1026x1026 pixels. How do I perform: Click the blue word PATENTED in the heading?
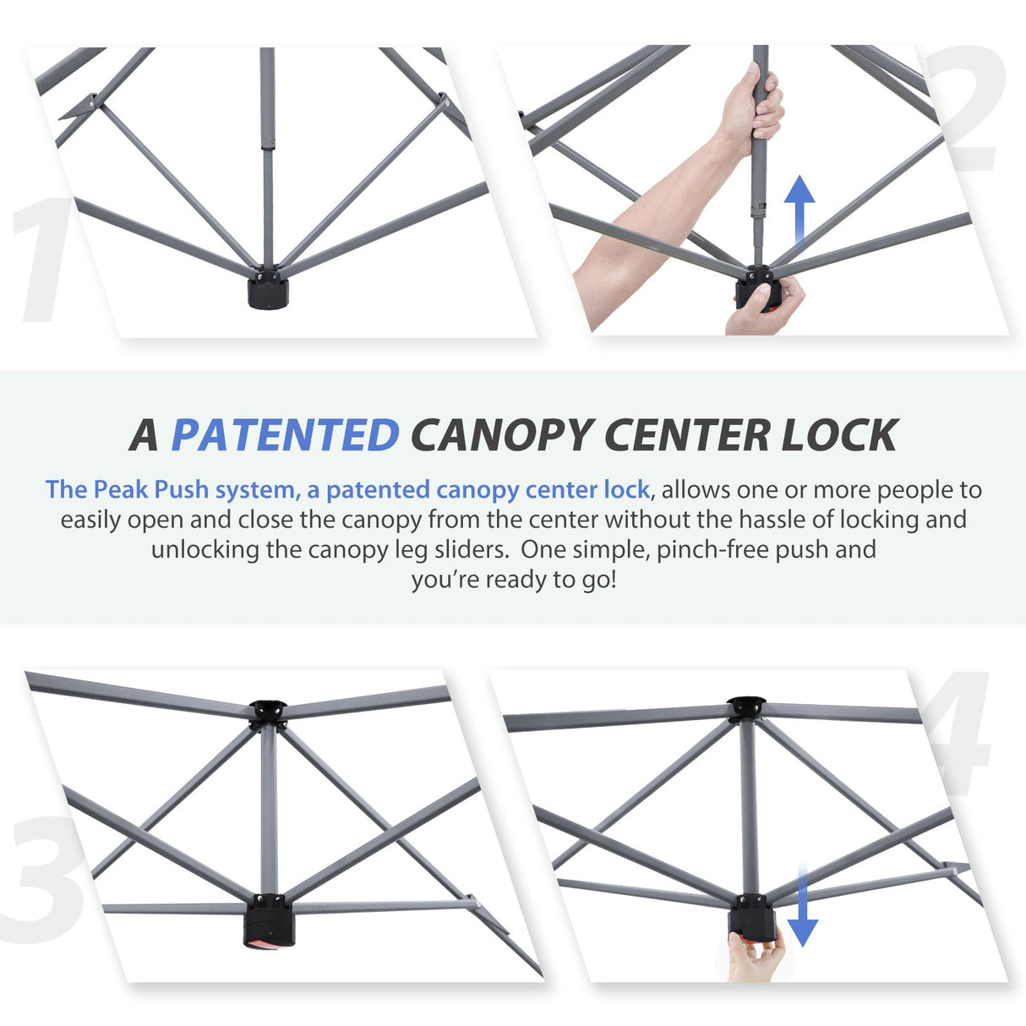click(x=285, y=434)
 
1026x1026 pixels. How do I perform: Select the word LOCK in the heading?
click(x=838, y=434)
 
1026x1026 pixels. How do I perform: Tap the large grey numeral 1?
click(x=46, y=262)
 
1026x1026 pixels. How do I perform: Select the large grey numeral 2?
click(x=972, y=110)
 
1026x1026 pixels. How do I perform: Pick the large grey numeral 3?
click(x=42, y=879)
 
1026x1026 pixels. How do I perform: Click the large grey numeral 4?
click(x=959, y=735)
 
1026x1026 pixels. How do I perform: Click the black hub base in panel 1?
click(x=268, y=292)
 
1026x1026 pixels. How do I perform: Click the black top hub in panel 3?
click(x=268, y=712)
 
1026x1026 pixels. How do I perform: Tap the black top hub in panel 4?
click(x=746, y=707)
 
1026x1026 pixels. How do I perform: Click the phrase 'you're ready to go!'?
click(x=514, y=580)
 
